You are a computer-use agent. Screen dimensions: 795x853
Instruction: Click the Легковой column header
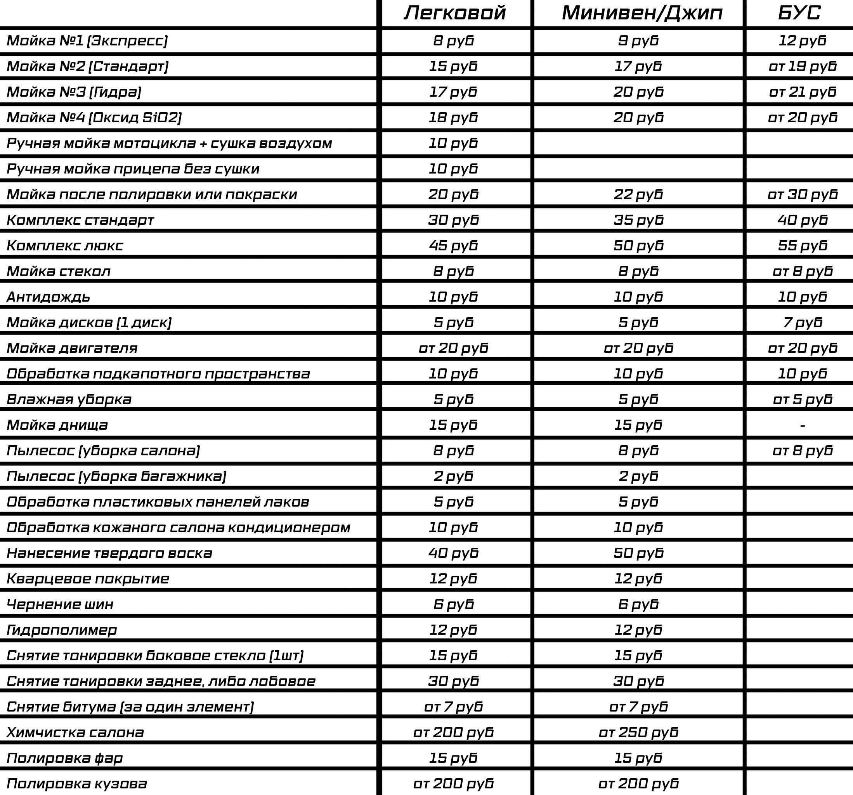click(455, 13)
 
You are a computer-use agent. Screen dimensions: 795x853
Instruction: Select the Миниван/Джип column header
click(642, 13)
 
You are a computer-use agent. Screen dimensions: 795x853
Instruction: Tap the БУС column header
click(799, 13)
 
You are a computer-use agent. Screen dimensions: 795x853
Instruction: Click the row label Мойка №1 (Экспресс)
click(87, 41)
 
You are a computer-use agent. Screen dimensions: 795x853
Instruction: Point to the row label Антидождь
click(49, 297)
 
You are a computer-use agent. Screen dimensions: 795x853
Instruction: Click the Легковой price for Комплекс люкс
click(454, 246)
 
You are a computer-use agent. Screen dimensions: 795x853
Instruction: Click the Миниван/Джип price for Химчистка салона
click(638, 733)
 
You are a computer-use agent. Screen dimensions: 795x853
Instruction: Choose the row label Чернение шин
click(60, 604)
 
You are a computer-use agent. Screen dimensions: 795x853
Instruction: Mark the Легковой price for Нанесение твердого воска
click(454, 553)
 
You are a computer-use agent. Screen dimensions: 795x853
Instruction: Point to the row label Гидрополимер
click(62, 630)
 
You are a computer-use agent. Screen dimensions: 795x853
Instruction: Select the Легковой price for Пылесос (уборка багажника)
click(454, 476)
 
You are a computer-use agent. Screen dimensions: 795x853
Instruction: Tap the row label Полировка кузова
click(77, 784)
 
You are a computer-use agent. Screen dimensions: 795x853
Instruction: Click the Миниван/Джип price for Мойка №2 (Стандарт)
click(638, 66)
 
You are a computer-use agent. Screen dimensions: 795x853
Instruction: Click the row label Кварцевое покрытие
click(88, 579)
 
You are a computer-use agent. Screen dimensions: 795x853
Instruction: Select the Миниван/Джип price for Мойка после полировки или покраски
click(638, 194)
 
